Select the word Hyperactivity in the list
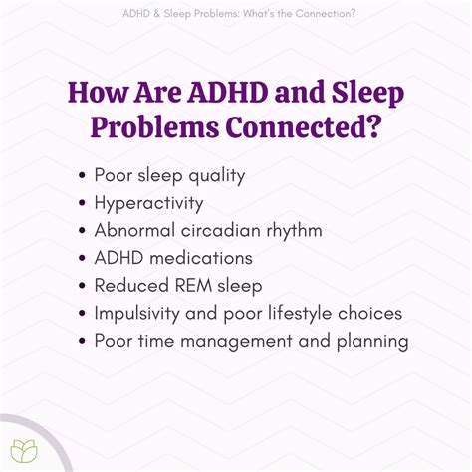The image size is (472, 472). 149,203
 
